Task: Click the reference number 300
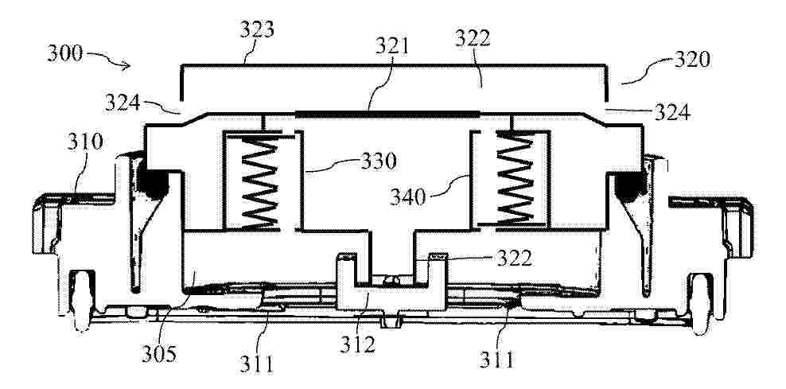64,53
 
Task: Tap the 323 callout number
257,30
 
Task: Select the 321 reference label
392,47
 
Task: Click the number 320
692,60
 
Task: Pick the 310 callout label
85,142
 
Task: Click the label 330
379,161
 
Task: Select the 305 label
158,354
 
